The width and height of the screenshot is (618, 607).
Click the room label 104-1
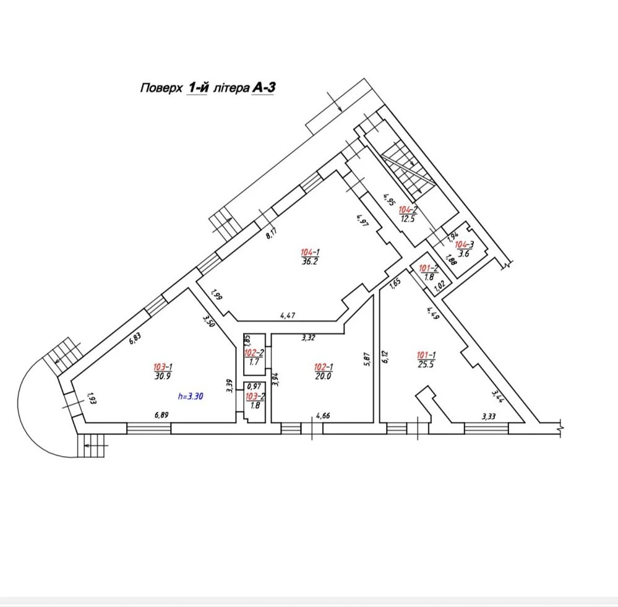point(310,252)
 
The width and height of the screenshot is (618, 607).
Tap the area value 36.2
point(310,261)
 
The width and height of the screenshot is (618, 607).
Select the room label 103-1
point(163,368)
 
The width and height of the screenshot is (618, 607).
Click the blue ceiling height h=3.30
point(191,396)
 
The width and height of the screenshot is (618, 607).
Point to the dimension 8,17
point(272,233)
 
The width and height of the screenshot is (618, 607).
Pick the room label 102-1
point(324,368)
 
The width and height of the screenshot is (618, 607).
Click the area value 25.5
point(426,364)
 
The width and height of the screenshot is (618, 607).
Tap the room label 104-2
point(408,210)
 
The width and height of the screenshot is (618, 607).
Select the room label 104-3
point(465,245)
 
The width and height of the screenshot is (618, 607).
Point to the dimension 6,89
point(162,415)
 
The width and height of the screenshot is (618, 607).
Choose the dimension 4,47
point(288,316)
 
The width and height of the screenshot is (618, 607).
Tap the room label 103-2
point(255,397)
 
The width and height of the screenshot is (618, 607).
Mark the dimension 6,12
point(385,357)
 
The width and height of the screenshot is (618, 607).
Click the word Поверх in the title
point(161,87)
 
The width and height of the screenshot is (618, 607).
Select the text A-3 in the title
point(264,87)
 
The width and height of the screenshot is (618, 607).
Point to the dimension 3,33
point(489,416)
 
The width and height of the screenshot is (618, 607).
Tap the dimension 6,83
point(135,338)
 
